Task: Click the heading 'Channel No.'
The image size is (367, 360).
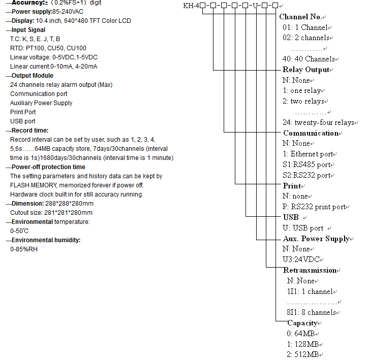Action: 300,17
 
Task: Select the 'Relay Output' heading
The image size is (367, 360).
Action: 306,70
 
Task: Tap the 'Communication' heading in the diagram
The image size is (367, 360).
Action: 311,133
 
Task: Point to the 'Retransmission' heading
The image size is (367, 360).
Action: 310,270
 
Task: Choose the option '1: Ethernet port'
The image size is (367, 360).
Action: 308,154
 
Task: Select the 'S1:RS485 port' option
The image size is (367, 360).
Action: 307,165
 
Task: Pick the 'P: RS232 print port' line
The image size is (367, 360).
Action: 314,207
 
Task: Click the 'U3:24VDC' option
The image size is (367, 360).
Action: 301,259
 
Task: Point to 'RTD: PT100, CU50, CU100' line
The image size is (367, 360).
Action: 48,48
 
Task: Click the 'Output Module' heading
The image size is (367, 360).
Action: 32,76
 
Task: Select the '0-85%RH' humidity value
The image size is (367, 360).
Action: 24,249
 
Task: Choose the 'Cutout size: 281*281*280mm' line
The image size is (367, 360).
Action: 51,213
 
